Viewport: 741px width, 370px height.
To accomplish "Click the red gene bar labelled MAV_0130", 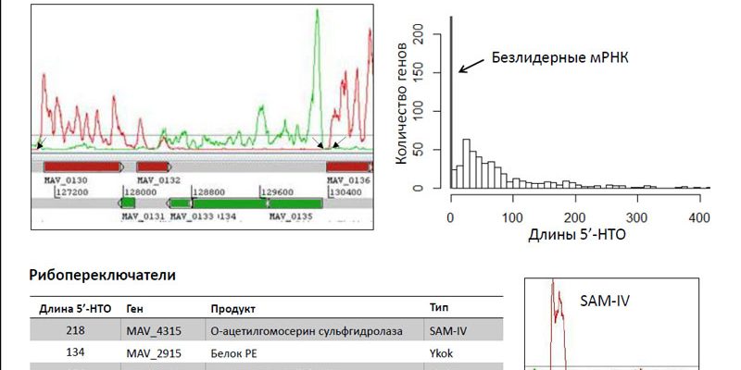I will point(82,166).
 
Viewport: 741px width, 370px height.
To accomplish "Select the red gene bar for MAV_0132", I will point(153,166).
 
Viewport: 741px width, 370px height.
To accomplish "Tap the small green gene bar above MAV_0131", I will point(128,202).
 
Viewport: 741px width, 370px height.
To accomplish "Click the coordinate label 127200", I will point(75,191).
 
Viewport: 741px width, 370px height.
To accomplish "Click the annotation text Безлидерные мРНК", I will point(560,56).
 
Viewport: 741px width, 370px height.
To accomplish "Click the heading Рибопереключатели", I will point(102,275).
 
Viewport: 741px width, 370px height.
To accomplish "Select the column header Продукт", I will point(233,309).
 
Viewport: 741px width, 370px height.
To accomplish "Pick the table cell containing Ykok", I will point(440,351).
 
